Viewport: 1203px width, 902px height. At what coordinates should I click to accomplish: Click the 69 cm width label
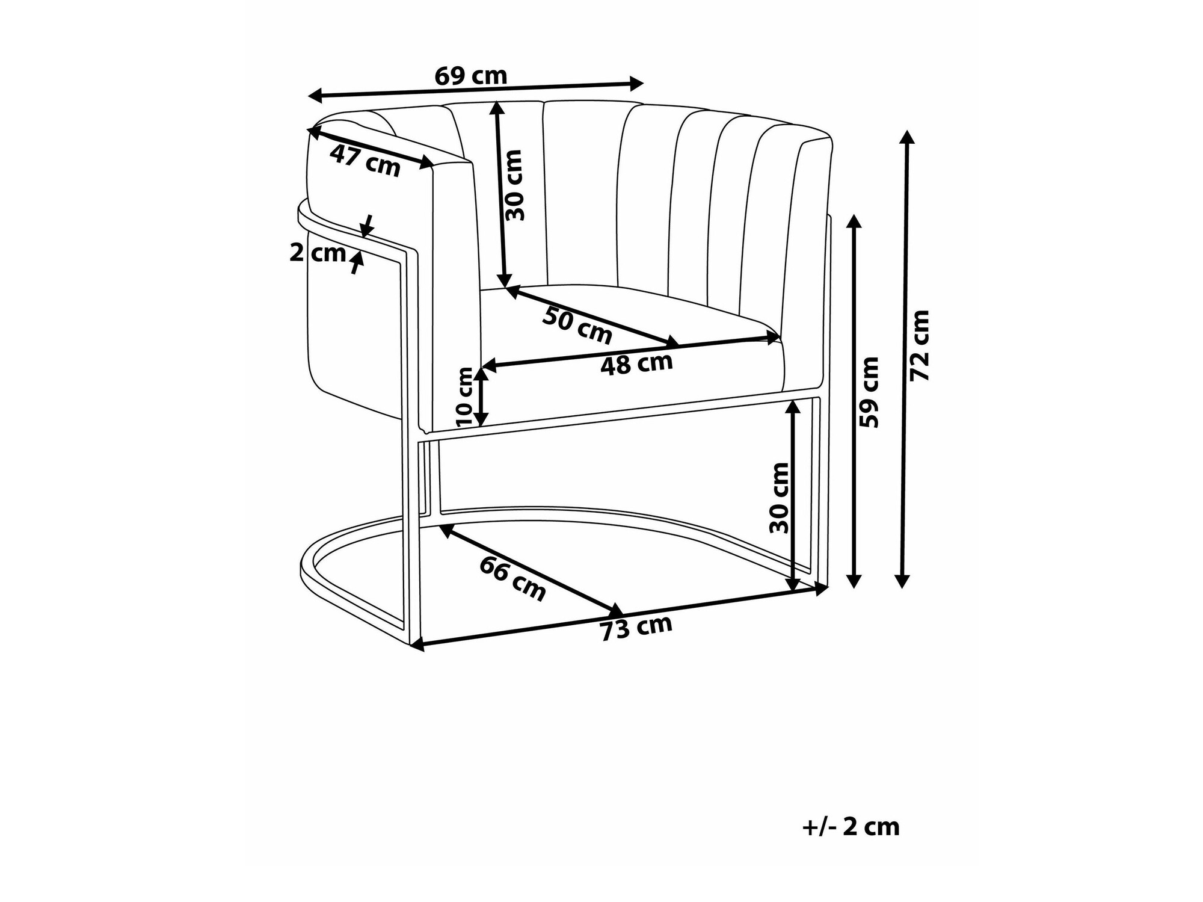pos(471,76)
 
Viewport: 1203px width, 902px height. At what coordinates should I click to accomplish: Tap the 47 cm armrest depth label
pos(365,161)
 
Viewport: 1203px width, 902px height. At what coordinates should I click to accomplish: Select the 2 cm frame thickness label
pos(318,253)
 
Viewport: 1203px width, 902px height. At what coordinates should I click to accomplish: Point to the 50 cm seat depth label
pos(577,325)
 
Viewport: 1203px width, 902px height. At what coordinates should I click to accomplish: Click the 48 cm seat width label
pos(636,364)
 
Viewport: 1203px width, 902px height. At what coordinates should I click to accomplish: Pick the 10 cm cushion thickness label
pos(466,397)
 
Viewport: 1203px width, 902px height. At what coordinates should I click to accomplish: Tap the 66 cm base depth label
pos(512,578)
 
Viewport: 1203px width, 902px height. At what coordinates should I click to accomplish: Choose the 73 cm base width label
pos(636,628)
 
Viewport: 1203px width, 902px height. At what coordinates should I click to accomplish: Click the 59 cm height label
pos(870,392)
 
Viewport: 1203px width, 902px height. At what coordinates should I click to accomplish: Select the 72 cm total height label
pos(920,345)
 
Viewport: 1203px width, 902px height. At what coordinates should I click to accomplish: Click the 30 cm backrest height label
pos(514,185)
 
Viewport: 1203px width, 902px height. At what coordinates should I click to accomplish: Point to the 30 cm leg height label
pos(780,498)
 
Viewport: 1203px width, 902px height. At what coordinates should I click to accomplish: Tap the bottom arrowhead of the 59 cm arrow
pos(854,580)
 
